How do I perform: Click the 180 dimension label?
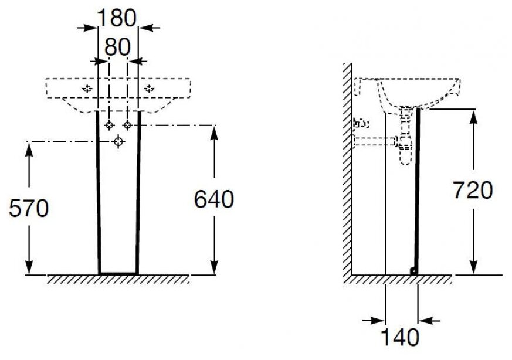pyautogui.click(x=117, y=18)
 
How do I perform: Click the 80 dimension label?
pyautogui.click(x=117, y=46)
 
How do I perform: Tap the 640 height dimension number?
pyautogui.click(x=214, y=199)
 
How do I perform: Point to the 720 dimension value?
pyautogui.click(x=473, y=190)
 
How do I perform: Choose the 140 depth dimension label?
pyautogui.click(x=401, y=337)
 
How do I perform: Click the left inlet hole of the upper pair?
pyautogui.click(x=109, y=125)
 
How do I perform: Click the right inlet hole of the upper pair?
pyautogui.click(x=127, y=125)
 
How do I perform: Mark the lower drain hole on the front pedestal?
pyautogui.click(x=118, y=141)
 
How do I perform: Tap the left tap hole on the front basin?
pyautogui.click(x=87, y=89)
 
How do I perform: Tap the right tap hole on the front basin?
pyautogui.click(x=149, y=89)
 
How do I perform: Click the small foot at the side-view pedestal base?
pyautogui.click(x=413, y=271)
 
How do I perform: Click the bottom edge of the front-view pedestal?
pyautogui.click(x=118, y=273)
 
